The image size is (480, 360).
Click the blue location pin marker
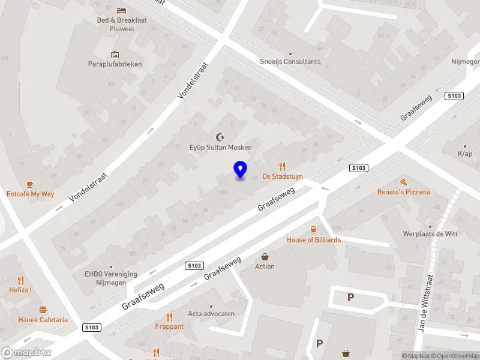[x=240, y=170]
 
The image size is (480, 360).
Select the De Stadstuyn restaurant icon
[x=283, y=167]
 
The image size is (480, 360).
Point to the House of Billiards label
[x=313, y=239]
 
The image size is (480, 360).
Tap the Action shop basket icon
[x=265, y=257]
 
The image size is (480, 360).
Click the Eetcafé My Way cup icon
[x=30, y=184]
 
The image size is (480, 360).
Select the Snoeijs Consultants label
[x=290, y=61]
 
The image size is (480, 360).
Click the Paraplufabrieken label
[x=115, y=64]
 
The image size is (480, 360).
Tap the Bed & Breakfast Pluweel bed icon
[x=122, y=11]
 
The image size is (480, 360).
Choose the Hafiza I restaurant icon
[x=20, y=280]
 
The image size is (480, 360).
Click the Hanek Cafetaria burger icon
[x=43, y=310]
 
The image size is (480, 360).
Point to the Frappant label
[x=169, y=326]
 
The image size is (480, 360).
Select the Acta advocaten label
[x=211, y=314]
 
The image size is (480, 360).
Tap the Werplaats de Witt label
[x=430, y=234]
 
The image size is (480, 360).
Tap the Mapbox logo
[x=26, y=353]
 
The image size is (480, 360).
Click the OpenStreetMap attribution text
[x=457, y=356]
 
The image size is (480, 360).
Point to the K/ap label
[x=465, y=153]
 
